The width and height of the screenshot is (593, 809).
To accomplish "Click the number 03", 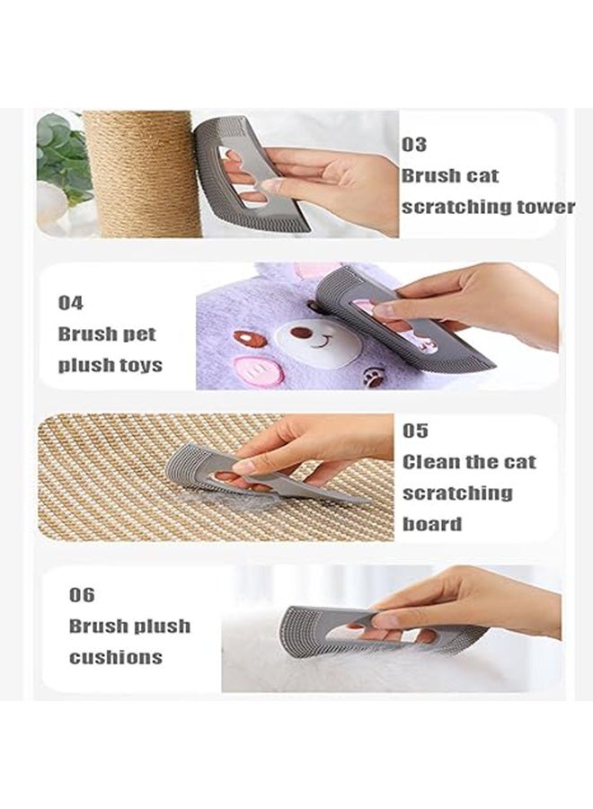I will pos(414,144).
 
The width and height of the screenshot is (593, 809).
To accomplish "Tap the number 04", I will pos(71,303).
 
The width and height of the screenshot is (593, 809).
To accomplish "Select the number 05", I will pos(415,431).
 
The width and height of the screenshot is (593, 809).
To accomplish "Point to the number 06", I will pos(82,595).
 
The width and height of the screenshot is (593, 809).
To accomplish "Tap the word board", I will pos(432,524).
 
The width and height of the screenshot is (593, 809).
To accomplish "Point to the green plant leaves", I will pos(63,153).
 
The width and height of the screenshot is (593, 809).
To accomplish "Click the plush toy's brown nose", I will pos(304,333).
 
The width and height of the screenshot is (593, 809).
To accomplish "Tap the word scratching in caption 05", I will pos(457,493).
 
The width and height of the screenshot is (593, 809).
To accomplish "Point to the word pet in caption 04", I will pos(139,334).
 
